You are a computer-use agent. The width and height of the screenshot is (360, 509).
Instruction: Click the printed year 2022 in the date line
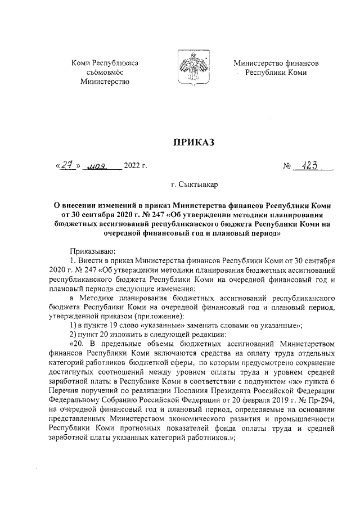[135, 166]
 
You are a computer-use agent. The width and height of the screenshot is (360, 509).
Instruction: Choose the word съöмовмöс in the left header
[105, 73]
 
